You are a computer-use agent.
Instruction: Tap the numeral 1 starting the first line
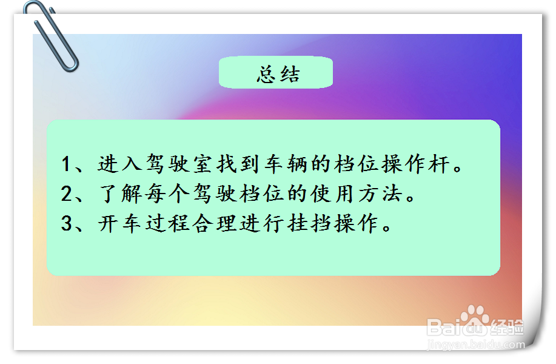click(67, 164)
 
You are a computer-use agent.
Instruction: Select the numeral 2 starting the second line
click(67, 194)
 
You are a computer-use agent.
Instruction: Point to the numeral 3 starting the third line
click(67, 224)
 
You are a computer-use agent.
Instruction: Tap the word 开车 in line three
click(116, 224)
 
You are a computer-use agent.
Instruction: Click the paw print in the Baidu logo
click(474, 318)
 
